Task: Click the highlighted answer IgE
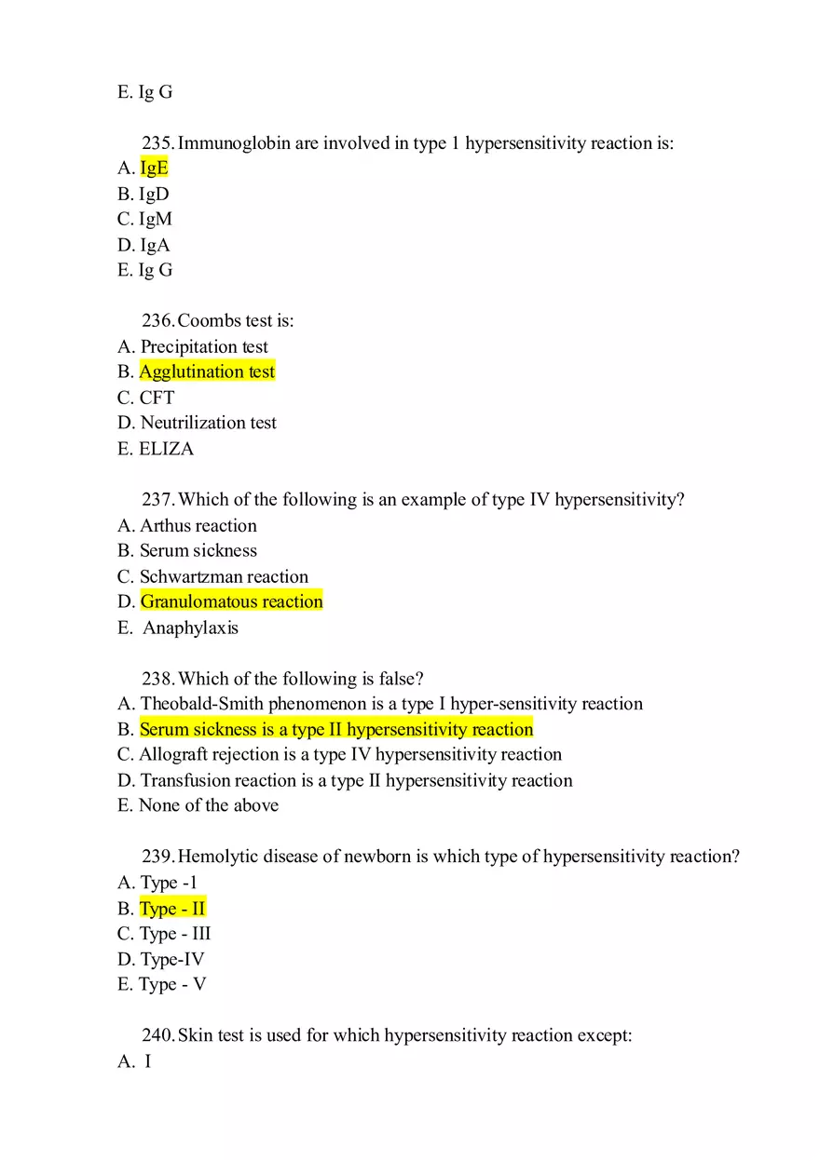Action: tap(154, 168)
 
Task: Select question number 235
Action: tap(158, 143)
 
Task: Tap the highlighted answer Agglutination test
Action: tap(207, 371)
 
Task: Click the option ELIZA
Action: tap(167, 449)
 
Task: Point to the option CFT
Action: tap(157, 398)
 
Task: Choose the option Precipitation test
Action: tap(204, 346)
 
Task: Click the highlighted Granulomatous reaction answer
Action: tap(231, 601)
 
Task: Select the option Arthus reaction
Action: tap(198, 525)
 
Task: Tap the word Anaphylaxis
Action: tap(190, 628)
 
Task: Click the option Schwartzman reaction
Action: tap(224, 576)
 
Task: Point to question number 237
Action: tap(158, 500)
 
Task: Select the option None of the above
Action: tap(208, 805)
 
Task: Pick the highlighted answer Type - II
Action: tap(172, 908)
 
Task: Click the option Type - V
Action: tap(172, 984)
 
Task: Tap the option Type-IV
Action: tap(172, 959)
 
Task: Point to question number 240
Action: tap(158, 1035)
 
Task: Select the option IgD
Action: tap(154, 194)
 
